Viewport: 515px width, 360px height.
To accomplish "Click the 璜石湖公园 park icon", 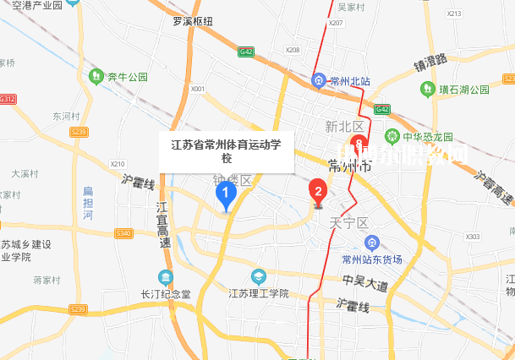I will [423, 89].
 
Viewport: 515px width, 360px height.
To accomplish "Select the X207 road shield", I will [336, 23].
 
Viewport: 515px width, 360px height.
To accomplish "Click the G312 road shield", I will [8, 99].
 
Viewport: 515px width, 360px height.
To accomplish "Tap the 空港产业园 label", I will [34, 6].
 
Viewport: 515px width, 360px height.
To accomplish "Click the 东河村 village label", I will [65, 116].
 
